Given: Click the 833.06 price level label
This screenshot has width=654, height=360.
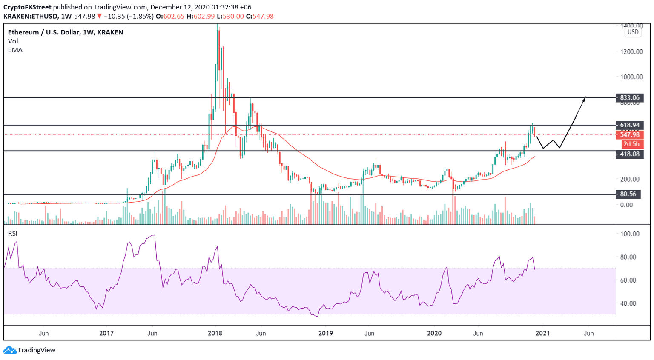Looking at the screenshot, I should point(630,98).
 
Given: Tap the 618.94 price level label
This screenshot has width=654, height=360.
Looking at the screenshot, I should point(630,125).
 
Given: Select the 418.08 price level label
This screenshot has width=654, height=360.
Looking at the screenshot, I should point(630,154).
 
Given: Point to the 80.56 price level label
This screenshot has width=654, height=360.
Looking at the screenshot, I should point(628,194).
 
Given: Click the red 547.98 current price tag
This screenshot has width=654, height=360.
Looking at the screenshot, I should point(630,135).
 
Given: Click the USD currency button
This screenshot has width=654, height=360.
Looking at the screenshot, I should point(633,32).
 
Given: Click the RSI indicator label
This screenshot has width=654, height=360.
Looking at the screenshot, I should point(13,234).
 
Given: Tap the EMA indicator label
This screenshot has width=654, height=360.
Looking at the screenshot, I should point(15,50).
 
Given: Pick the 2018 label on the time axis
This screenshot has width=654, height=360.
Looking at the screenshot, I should point(215,333).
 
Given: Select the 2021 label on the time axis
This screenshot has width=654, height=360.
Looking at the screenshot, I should point(542,333).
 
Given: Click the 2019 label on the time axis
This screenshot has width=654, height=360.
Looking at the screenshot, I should point(326,333).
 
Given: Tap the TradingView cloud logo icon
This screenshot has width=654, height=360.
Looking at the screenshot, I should point(10,350).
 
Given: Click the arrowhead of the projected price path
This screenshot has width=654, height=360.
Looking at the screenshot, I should point(585,98).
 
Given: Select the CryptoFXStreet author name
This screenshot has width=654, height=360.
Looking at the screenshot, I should point(27,7).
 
